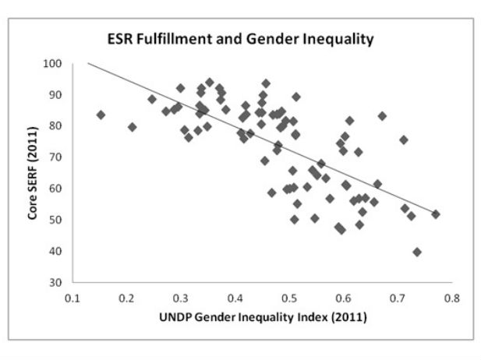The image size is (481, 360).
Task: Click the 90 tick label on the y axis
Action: coord(58,94)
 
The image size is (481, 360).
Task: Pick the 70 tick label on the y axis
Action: coord(58,157)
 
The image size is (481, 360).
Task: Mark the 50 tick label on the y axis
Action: coord(58,220)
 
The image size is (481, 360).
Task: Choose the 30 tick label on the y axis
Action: coord(58,282)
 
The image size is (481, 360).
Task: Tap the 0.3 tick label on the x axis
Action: coord(181,297)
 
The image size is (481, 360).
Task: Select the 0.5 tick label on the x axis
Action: coord(289,297)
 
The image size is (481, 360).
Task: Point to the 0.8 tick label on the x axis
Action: coord(451,297)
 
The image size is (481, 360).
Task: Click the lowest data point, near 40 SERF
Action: coord(417,252)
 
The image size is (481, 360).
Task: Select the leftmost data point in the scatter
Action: coord(101,115)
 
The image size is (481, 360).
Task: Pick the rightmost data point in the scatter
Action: coord(436,214)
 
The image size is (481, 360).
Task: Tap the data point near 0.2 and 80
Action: coord(133,127)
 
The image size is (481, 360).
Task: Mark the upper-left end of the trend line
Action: coord(88,63)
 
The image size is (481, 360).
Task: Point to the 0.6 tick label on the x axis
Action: coord(343,297)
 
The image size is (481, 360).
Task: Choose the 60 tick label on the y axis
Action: coord(58,189)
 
